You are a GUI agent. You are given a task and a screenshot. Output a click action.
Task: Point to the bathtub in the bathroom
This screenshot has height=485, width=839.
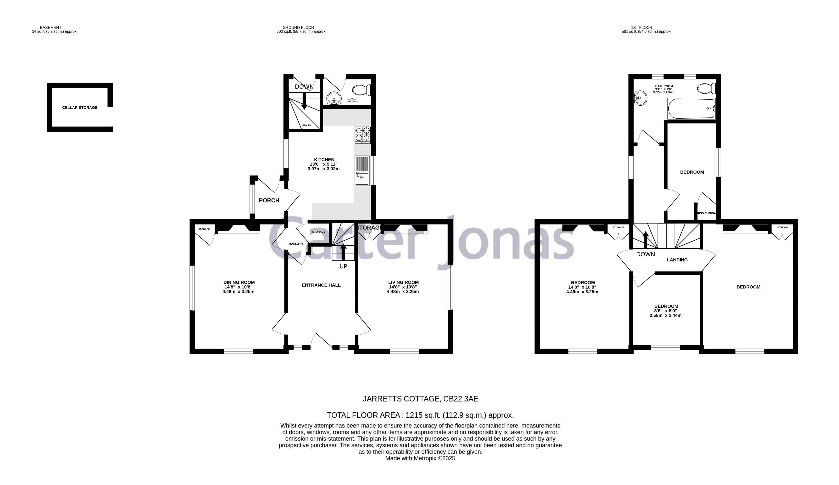pos(691,109)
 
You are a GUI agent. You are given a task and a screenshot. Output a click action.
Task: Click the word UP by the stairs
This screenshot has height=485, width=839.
pos(343,266)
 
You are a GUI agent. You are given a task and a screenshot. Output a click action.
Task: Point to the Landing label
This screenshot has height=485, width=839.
pos(677,260)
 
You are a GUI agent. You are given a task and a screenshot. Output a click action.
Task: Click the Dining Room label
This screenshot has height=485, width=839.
pos(239,282)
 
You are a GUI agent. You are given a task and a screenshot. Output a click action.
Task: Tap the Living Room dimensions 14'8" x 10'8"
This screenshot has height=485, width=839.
pos(403,287)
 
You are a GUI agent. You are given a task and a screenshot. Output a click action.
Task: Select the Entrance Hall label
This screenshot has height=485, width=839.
pos(321,285)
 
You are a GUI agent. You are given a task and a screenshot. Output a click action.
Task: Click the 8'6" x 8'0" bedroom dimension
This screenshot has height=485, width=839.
pos(666,311)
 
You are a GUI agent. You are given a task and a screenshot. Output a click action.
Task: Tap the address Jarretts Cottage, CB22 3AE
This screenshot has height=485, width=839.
pos(420,399)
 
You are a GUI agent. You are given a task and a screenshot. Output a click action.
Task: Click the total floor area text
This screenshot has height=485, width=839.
pos(420,415)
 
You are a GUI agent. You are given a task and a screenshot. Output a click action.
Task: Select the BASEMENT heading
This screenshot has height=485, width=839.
pos(50,28)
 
